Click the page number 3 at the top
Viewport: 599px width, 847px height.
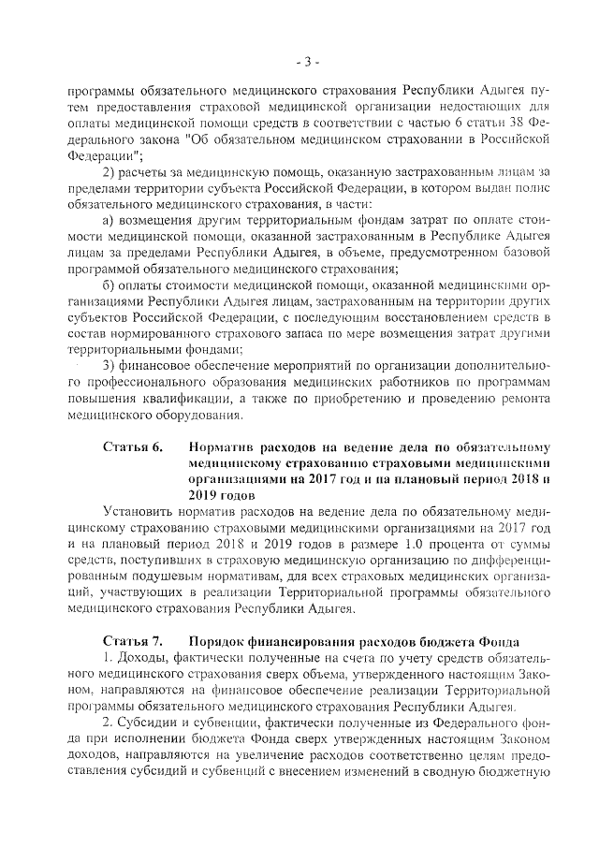click(x=305, y=63)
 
